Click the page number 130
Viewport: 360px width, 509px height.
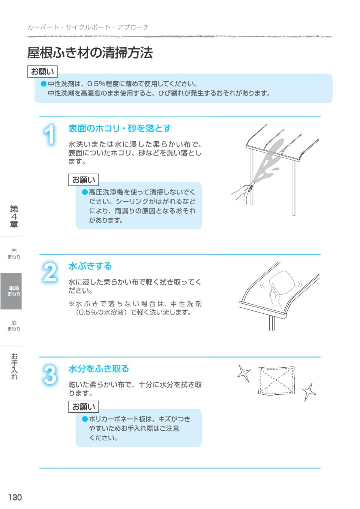tap(15, 497)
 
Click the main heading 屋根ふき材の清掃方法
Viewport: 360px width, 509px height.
tap(90, 53)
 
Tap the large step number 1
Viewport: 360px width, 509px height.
tap(49, 134)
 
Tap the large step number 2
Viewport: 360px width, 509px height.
tap(50, 272)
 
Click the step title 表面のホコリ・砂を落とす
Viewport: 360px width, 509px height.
tap(120, 129)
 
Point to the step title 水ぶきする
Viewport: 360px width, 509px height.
tap(90, 266)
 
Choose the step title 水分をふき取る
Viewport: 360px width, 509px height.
tap(99, 369)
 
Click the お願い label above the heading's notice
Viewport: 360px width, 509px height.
tap(42, 72)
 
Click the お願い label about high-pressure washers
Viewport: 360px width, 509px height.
tap(84, 180)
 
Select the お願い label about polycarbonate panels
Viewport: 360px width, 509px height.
tap(84, 407)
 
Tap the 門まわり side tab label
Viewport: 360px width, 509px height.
tap(14, 254)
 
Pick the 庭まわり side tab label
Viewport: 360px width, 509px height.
tap(14, 326)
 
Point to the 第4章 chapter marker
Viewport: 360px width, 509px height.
tap(14, 216)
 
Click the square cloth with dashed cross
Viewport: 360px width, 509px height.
tap(276, 380)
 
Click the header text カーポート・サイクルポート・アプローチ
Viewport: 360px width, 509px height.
tap(88, 27)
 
